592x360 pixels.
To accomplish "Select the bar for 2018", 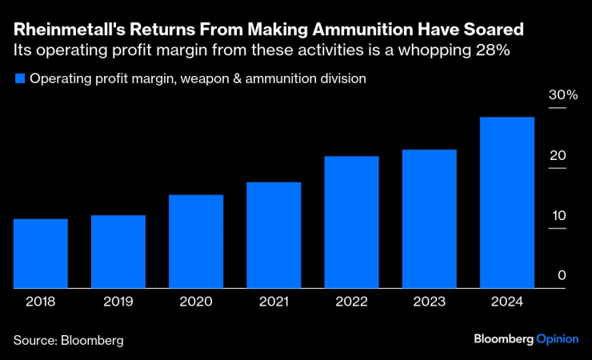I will click(x=41, y=254).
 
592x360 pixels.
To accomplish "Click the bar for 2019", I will click(x=118, y=252).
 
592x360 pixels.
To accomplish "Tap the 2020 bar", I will click(x=196, y=242).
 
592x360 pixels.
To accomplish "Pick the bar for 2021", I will click(x=274, y=235).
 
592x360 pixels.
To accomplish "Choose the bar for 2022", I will click(x=351, y=222).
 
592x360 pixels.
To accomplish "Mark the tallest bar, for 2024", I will click(x=506, y=202).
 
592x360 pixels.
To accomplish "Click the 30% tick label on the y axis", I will click(x=562, y=95).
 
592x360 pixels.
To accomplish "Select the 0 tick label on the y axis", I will click(x=562, y=275).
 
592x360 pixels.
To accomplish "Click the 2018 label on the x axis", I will click(x=41, y=302).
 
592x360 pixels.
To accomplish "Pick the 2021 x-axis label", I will click(x=274, y=302).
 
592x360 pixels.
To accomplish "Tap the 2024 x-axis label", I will click(x=506, y=302).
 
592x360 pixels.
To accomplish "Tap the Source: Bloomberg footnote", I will click(x=69, y=340).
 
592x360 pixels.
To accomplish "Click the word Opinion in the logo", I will click(x=557, y=339).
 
